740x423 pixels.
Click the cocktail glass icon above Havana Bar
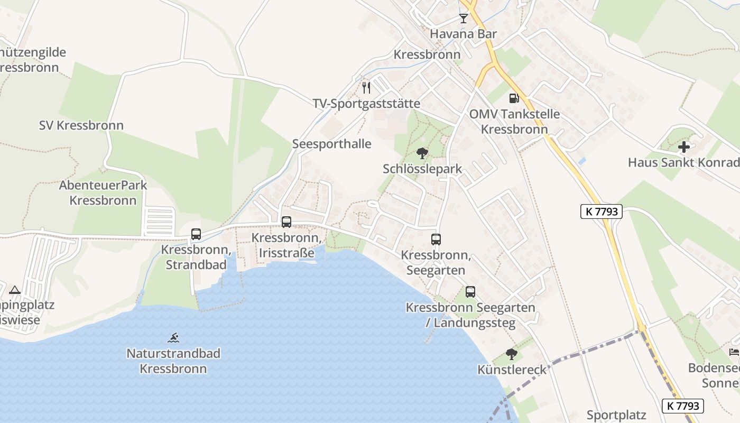click(x=464, y=19)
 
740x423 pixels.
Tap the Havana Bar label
click(x=464, y=34)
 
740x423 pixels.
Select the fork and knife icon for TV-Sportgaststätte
click(x=366, y=88)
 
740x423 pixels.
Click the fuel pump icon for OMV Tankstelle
click(x=513, y=98)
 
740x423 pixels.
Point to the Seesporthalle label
click(x=332, y=144)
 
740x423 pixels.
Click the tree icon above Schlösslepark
click(x=422, y=153)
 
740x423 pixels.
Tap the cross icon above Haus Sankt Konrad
click(x=684, y=147)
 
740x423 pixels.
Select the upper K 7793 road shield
click(x=601, y=212)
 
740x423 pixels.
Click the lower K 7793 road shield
click(x=682, y=406)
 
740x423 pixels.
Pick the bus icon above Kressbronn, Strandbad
click(x=196, y=234)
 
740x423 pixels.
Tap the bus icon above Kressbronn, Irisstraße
click(x=286, y=222)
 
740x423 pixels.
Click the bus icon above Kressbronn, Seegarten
click(x=436, y=240)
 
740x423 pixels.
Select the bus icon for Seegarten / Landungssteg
click(x=470, y=292)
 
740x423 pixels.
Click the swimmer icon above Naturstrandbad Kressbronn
click(x=173, y=337)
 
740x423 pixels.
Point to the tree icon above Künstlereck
click(x=511, y=354)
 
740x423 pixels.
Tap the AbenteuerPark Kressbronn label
click(x=103, y=193)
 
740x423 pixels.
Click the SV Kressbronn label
click(x=81, y=125)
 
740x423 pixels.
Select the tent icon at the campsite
click(x=15, y=290)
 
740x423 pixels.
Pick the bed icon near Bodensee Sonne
click(x=734, y=352)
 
